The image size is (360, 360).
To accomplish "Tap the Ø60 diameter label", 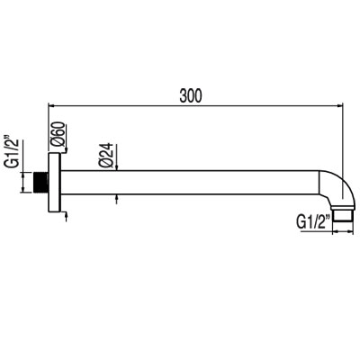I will pos(58,138).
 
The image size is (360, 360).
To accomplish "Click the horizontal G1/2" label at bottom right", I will pos(312,219).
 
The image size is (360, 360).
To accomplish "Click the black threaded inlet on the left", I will pos(39,181).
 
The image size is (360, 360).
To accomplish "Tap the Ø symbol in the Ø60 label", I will pos(58,148).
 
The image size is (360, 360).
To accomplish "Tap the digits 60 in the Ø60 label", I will pos(58,133).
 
